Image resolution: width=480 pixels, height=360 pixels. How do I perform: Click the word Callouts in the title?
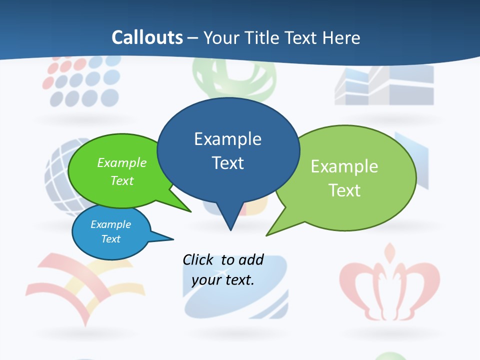(147, 37)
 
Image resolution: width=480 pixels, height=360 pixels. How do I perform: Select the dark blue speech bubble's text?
(227, 150)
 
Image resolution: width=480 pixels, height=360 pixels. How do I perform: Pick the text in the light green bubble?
(344, 178)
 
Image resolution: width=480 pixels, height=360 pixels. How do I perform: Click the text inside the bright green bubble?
(122, 171)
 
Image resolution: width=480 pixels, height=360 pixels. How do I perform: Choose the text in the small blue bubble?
(111, 231)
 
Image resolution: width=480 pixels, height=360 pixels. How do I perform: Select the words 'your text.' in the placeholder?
(223, 280)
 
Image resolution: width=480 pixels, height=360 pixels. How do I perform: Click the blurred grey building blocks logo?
(384, 85)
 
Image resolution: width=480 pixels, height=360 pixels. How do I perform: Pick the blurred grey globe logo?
(60, 175)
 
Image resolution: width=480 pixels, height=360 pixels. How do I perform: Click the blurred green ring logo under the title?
(235, 80)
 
